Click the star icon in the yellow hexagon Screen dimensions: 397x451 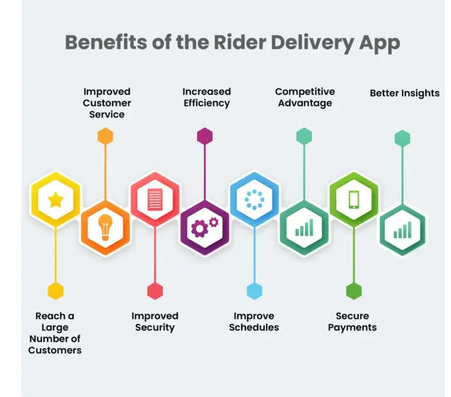[55, 200]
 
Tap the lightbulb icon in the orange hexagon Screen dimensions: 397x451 [105, 228]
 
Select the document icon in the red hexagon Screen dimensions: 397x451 [155, 199]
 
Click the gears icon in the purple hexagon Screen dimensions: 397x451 [204, 227]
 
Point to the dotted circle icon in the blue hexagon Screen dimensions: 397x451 [254, 200]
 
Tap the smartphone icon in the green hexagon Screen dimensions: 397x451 [354, 199]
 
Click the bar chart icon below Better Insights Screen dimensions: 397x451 [403, 229]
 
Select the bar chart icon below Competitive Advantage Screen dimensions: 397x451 [304, 228]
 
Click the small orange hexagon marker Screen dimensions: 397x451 [105, 136]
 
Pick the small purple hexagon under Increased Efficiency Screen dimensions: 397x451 [205, 136]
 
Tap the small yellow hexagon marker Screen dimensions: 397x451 [56, 291]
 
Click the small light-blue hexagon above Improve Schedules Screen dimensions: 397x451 [254, 291]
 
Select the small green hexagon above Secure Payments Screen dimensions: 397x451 [354, 291]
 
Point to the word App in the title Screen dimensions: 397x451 [379, 43]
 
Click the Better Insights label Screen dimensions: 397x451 [405, 93]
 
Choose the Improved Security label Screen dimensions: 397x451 [155, 322]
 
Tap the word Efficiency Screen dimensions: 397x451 [206, 103]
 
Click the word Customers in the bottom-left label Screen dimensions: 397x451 [55, 350]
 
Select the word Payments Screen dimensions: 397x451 [352, 327]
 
